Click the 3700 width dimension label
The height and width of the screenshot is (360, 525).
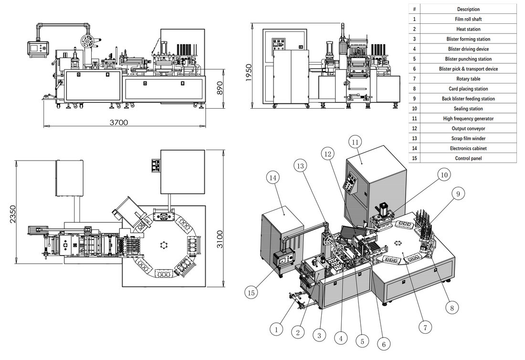pos(119,123)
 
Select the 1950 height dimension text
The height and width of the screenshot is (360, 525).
pos(249,72)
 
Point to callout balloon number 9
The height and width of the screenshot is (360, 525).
pos(458,194)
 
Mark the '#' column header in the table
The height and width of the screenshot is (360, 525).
pos(414,9)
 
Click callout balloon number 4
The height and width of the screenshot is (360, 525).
pos(340,339)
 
